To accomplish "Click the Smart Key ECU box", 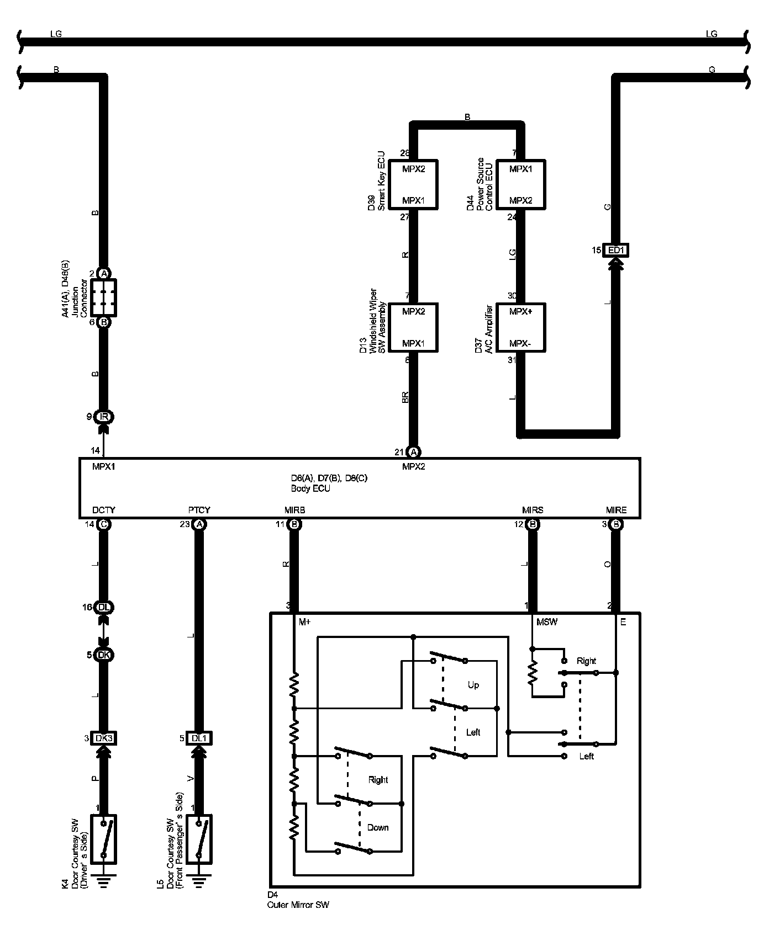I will (x=413, y=184).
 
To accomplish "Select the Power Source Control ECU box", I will (x=520, y=184).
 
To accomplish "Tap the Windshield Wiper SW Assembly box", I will (x=413, y=327).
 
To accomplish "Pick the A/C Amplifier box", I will (x=520, y=327).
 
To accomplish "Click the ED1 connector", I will (x=615, y=250).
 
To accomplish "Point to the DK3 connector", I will (x=104, y=738).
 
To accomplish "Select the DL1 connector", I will (x=199, y=738).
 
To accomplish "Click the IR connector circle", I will (x=104, y=417).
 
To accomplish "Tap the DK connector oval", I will (x=104, y=655).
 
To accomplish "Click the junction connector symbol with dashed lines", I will (x=104, y=298).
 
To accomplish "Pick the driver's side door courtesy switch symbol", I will (x=104, y=839).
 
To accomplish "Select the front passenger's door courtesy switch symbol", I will (x=199, y=839).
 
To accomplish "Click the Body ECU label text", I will (x=310, y=488).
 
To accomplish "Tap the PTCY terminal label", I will (x=199, y=510).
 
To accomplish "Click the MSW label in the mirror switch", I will (x=547, y=622).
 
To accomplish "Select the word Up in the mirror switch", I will (x=473, y=685).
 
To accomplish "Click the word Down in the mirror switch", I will (x=378, y=827).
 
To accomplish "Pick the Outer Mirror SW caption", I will (x=298, y=905).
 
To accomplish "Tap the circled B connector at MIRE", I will (x=615, y=524).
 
